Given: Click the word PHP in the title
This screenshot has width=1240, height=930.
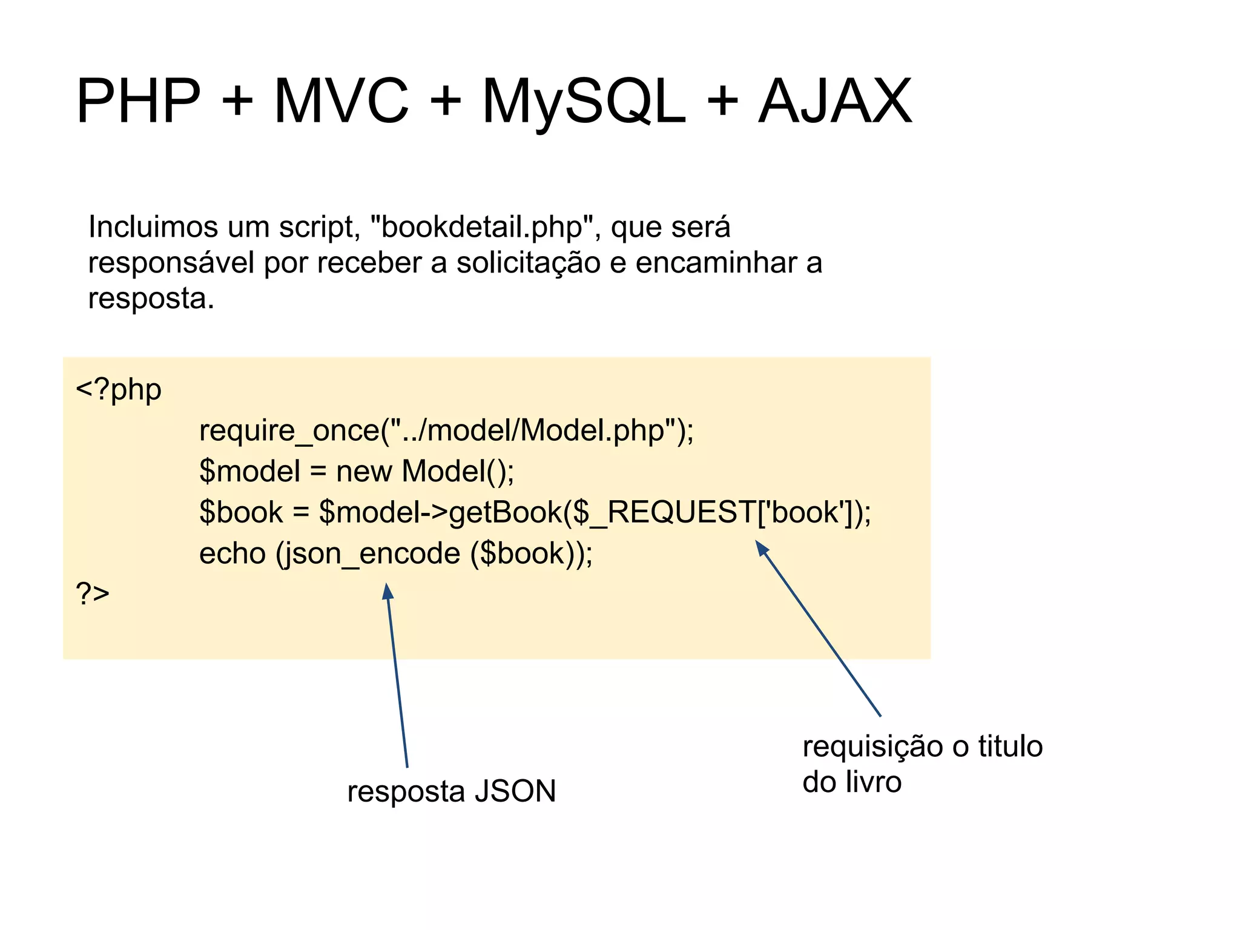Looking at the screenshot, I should [x=138, y=102].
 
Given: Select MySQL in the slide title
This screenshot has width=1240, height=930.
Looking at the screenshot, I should [x=584, y=102].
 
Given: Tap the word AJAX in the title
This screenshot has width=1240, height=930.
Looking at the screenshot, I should [x=835, y=102].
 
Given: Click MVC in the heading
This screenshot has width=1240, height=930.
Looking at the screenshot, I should [x=341, y=102].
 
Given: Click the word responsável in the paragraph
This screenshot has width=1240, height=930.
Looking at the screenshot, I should [x=171, y=263].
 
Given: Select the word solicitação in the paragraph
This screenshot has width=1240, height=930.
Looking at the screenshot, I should [x=528, y=263].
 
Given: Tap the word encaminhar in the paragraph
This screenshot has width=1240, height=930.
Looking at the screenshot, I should [x=712, y=263].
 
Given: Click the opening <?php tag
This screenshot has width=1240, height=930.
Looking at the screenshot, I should [x=119, y=390].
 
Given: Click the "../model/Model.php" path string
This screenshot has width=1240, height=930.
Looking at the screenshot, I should [x=532, y=431].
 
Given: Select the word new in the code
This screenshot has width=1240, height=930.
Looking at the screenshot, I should [x=364, y=472].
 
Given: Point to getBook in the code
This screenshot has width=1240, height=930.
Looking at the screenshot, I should [x=505, y=513].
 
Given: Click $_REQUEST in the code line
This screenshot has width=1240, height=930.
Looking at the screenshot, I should [x=665, y=513].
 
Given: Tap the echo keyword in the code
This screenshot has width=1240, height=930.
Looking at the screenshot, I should [x=232, y=554].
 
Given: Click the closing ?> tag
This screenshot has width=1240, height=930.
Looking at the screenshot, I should [x=93, y=594].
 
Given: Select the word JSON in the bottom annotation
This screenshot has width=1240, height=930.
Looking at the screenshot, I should [x=515, y=791].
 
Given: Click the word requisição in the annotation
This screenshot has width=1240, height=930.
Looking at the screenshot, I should [x=872, y=747].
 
